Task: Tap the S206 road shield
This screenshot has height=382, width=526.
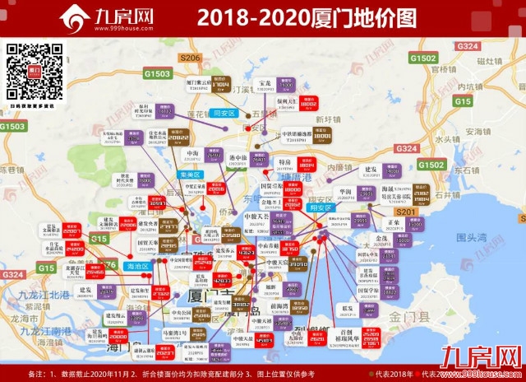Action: [189, 58]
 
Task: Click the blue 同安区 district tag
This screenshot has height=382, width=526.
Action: [224, 113]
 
